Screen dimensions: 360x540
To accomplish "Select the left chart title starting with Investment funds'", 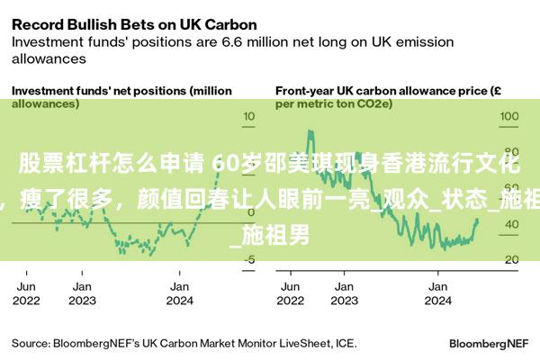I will [121, 97].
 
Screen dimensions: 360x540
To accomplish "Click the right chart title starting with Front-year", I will [388, 97].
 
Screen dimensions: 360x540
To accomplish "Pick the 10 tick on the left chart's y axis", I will [250, 117].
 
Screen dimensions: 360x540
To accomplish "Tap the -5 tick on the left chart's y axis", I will [249, 259].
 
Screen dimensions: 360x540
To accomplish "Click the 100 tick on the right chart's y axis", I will [509, 117].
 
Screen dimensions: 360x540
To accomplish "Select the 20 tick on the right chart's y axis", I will [509, 259].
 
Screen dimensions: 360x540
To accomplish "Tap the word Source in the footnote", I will [30, 343].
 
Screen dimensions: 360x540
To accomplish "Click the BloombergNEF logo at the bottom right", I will [489, 343].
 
